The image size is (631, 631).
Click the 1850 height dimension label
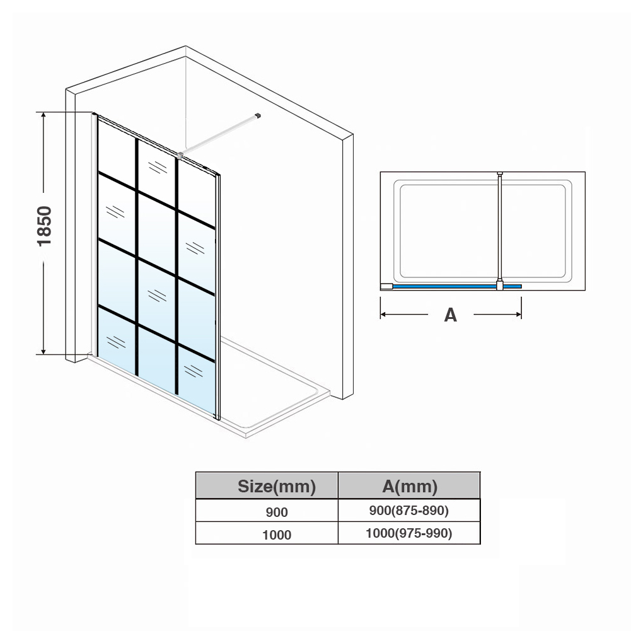click(x=44, y=226)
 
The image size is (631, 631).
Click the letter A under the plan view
click(x=450, y=315)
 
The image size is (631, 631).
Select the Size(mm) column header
click(x=277, y=486)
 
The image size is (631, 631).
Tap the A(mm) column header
click(x=410, y=486)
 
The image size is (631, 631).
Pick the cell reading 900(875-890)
click(x=409, y=510)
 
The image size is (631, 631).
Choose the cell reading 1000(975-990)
click(x=409, y=533)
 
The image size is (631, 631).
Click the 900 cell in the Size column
click(x=277, y=512)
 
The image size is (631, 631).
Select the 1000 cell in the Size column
click(x=277, y=535)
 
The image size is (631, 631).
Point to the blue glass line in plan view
click(x=457, y=287)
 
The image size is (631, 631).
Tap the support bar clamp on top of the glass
click(x=180, y=154)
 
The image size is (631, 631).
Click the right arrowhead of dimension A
click(x=519, y=315)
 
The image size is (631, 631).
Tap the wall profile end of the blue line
click(x=386, y=287)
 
